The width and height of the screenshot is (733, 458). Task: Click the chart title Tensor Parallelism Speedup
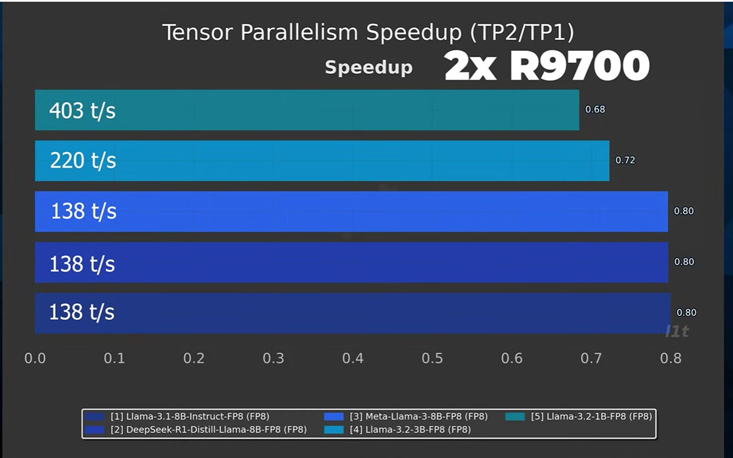point(368,33)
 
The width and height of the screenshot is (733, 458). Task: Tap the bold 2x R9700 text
point(546,67)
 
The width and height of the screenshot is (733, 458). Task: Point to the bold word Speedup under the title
point(368,68)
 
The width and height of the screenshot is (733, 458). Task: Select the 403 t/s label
point(82,110)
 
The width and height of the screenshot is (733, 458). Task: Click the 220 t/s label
point(83,161)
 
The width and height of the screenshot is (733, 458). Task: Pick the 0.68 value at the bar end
point(595,109)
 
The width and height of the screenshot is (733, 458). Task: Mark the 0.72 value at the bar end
point(625,160)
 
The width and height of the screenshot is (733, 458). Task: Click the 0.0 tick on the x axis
point(35,358)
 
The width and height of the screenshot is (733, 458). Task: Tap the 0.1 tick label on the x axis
point(115,358)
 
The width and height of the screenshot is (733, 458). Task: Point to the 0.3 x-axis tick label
point(273,358)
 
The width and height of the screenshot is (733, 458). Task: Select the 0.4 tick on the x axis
point(353,358)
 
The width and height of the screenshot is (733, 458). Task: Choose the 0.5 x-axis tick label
point(432,358)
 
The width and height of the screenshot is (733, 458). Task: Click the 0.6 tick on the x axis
point(512,358)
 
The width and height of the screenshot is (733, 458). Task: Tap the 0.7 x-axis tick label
point(591,358)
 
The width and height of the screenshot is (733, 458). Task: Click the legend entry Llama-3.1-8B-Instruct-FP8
point(190,416)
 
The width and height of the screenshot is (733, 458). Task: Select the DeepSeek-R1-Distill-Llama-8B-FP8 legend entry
point(208,429)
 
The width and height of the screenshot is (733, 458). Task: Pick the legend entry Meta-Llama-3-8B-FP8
point(419,416)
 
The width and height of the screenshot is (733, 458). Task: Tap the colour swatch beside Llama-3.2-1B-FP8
point(515,416)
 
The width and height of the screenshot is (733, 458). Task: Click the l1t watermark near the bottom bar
point(677,331)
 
